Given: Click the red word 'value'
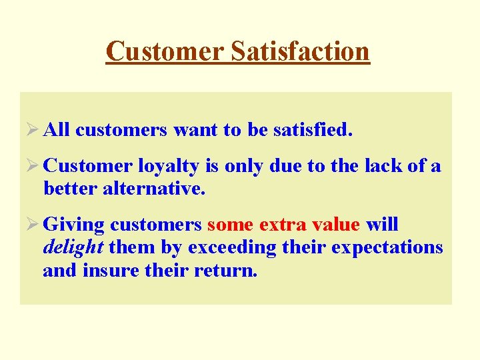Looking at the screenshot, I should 335,225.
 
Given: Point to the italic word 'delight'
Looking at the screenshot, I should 73,248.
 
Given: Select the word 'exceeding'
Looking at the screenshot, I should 231,248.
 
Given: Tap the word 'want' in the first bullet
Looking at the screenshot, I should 195,131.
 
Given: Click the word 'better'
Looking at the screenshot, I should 70,189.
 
